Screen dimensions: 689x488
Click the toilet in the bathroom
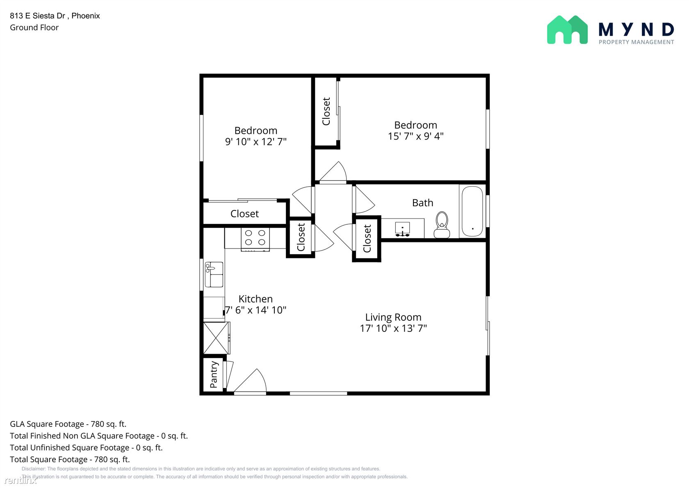click(442, 225)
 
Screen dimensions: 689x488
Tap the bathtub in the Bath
click(472, 211)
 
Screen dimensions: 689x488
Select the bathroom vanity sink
click(402, 229)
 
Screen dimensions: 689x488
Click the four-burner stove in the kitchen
click(255, 239)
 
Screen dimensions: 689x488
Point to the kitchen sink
click(214, 274)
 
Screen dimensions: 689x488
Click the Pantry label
click(214, 375)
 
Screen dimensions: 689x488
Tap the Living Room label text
click(393, 317)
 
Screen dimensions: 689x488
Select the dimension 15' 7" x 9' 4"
click(415, 136)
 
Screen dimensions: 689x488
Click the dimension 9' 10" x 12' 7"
click(256, 141)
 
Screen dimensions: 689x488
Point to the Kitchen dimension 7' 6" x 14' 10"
click(256, 310)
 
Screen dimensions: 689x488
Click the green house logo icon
click(567, 30)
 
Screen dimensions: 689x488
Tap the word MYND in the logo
click(636, 30)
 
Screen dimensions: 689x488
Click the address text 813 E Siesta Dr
click(38, 16)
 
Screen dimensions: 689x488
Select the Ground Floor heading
click(34, 28)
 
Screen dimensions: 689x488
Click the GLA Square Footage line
click(68, 424)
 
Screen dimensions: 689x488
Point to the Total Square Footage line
click(70, 459)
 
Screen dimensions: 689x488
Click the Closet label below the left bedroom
click(244, 214)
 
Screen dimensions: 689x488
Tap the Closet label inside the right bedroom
click(326, 112)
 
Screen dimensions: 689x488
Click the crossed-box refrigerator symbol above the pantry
click(217, 338)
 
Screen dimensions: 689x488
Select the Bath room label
click(422, 203)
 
